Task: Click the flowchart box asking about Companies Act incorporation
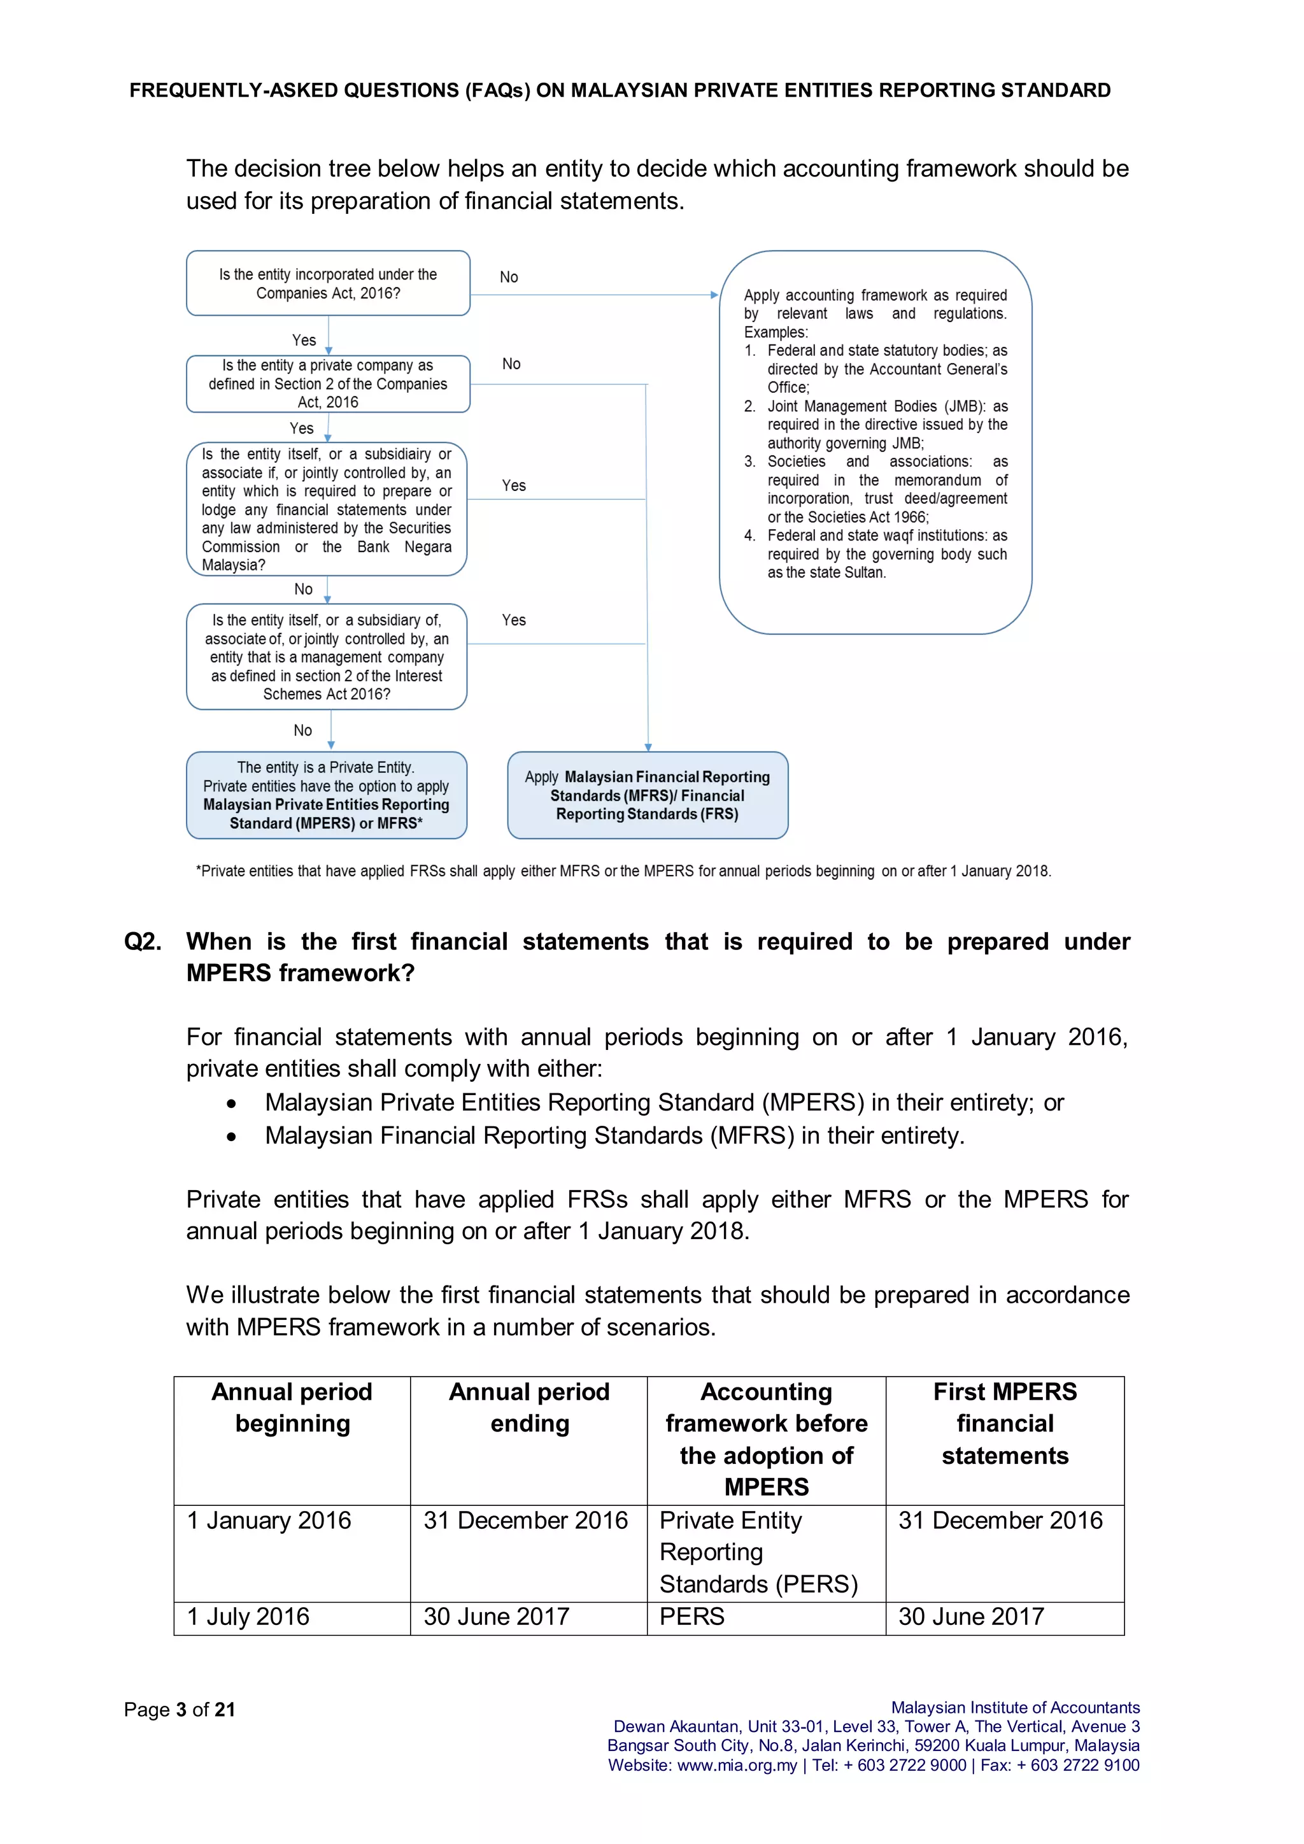point(328,283)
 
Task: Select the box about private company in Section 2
point(328,384)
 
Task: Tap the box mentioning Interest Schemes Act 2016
point(326,657)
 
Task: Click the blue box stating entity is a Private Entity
point(326,795)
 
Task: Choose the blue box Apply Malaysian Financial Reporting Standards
point(647,795)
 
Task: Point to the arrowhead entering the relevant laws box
point(714,295)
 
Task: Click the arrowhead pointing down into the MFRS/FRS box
point(648,747)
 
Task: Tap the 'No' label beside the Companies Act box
point(508,277)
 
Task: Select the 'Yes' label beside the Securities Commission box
point(513,486)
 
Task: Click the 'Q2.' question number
point(142,941)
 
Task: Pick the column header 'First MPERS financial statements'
point(1005,1423)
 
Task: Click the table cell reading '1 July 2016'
point(248,1617)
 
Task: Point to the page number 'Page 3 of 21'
point(179,1710)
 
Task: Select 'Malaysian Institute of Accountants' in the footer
point(1015,1708)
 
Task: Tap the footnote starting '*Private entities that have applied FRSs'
point(623,872)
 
